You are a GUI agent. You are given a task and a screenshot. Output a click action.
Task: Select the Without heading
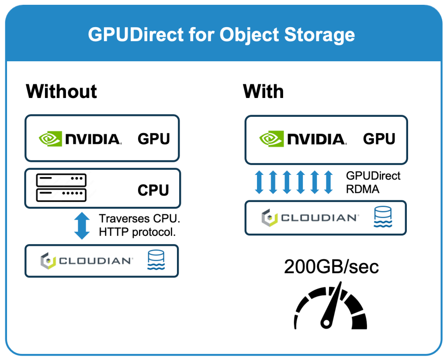coord(61,91)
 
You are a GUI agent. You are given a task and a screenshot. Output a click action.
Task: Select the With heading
coord(263,91)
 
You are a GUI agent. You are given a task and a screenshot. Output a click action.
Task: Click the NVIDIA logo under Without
coord(80,139)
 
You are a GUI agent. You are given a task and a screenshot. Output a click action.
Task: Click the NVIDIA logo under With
coord(302,139)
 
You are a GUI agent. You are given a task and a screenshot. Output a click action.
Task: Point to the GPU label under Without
coord(153,139)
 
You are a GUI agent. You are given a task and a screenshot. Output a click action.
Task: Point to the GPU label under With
coord(379,139)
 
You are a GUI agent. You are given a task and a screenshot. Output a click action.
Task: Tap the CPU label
coord(153,191)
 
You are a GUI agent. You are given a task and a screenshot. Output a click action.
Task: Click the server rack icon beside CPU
coord(61,186)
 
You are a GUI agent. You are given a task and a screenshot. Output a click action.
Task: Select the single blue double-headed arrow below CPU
coord(82,226)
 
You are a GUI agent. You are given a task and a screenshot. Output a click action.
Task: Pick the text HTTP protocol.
coord(137,232)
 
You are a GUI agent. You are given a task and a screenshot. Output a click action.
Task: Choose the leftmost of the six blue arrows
coord(259,182)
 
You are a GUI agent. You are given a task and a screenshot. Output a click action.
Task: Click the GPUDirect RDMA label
coord(373,182)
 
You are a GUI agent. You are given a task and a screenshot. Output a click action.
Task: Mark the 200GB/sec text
coord(331,266)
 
